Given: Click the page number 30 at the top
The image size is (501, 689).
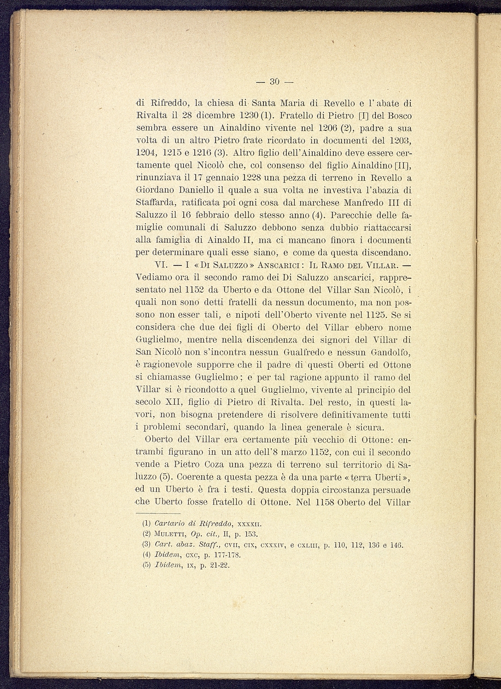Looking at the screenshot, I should pos(275,82).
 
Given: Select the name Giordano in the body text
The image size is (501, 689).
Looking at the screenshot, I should pos(155,190).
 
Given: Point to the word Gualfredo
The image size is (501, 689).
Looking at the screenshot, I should pos(316,353).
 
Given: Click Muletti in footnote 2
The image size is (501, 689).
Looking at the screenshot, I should pos(170,534).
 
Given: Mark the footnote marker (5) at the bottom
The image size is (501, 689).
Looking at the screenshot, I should pos(147,565).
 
